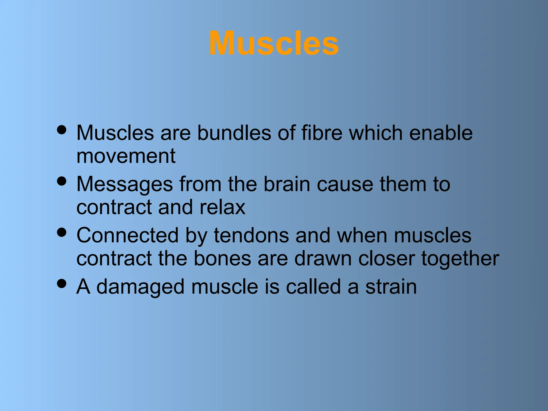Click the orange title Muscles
coord(274,43)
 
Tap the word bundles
coord(234,133)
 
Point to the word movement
coord(126,156)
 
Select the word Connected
coord(127,235)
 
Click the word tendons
coord(251,235)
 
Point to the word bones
coord(222,258)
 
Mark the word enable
coord(441,133)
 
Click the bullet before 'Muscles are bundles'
coord(62,130)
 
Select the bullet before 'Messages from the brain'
coord(62,181)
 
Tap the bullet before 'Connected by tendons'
coord(62,232)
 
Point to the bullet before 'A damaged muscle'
coord(62,283)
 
